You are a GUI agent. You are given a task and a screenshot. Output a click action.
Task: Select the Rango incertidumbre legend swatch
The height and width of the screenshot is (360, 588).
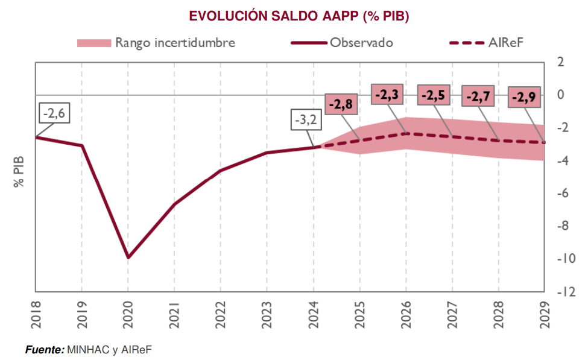94,43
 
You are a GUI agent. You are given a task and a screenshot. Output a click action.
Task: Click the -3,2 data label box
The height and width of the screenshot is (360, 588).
305,121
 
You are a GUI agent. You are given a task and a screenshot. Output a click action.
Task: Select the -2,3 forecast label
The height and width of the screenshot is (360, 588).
388,95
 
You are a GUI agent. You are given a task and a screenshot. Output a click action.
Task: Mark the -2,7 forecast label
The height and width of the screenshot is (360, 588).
479,96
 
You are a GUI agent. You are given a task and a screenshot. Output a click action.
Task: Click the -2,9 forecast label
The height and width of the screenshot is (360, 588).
524,97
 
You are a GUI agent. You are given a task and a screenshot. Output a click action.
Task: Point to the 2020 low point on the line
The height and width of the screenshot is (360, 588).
128,257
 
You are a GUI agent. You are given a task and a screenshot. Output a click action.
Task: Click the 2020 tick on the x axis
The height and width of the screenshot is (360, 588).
128,314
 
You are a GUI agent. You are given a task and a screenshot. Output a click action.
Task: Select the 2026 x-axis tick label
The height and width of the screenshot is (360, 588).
406,314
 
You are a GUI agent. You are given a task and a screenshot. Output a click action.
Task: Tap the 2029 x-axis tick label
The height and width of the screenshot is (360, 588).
545,314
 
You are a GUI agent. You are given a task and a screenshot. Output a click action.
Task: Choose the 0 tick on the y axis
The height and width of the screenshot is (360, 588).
560,95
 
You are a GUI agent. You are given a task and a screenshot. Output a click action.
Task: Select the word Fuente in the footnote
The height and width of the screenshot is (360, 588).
44,349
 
